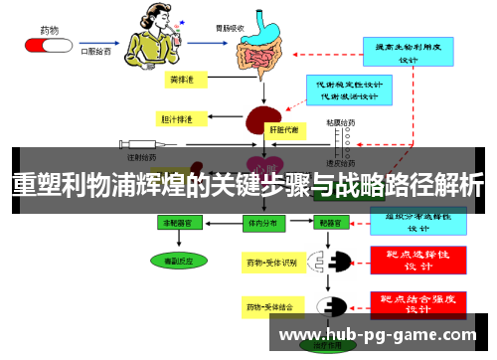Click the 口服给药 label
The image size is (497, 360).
[x=97, y=45]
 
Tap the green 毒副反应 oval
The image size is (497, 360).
[x=180, y=261]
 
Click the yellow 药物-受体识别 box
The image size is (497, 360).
[x=270, y=264]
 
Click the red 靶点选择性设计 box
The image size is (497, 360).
[x=416, y=261]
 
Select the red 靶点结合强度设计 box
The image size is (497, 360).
[x=416, y=303]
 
